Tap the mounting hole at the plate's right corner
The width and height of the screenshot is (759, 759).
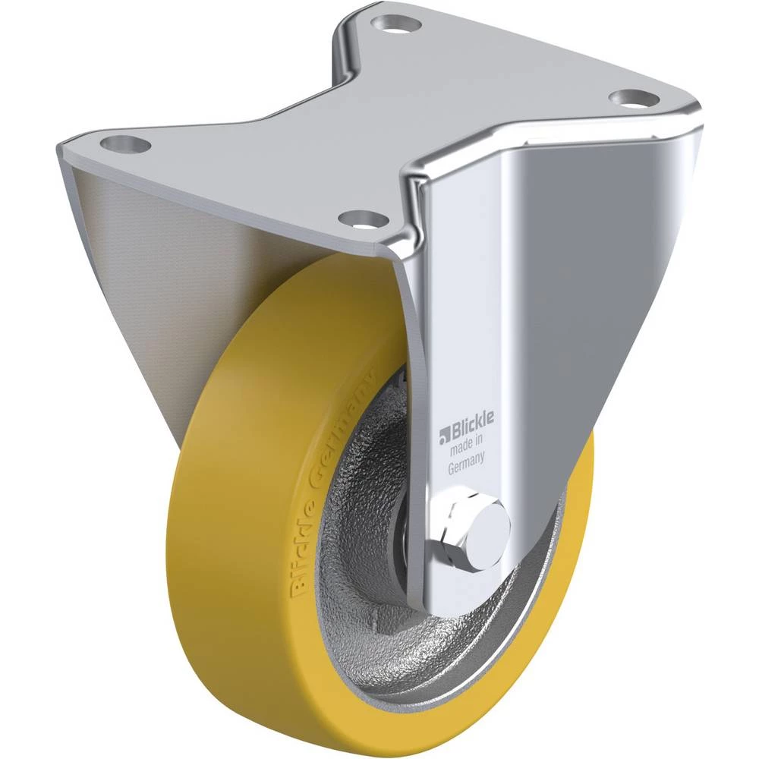(x=628, y=97)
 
